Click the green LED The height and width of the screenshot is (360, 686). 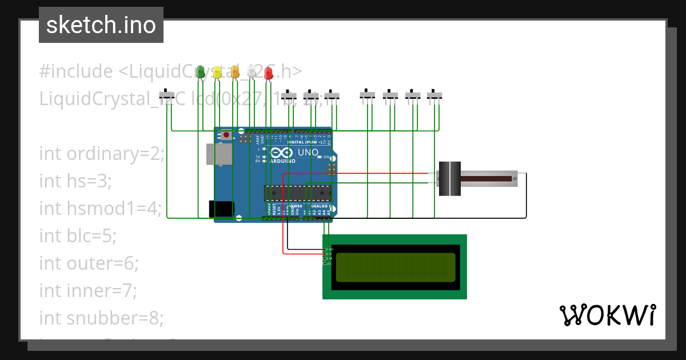200,72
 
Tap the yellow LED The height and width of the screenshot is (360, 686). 217,72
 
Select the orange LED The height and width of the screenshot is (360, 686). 235,72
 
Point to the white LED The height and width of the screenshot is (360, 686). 252,72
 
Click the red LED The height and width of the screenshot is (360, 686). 269,73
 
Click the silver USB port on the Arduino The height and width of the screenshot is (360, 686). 220,154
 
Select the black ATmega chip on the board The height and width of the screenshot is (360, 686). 297,193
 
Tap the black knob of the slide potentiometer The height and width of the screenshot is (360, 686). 449,179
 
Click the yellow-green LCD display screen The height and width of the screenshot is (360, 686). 395,267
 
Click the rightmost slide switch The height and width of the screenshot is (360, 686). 435,94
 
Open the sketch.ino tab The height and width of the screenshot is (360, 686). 101,25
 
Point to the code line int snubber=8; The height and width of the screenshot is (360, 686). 101,318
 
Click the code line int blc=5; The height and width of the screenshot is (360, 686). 78,236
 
